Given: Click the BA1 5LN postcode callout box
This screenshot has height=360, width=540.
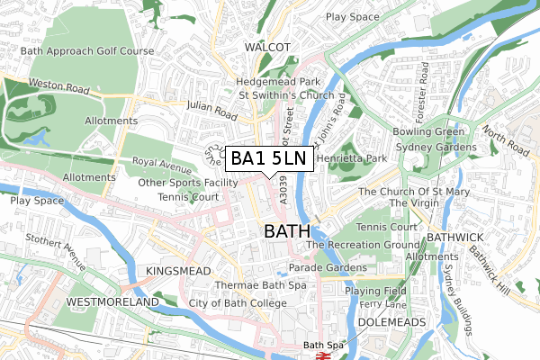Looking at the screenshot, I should coord(269,158).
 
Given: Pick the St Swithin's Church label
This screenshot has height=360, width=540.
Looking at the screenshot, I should coord(285,95).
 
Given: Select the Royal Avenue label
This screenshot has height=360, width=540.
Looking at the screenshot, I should coord(162,166).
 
